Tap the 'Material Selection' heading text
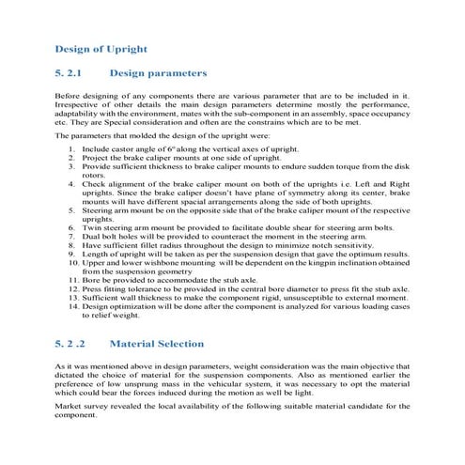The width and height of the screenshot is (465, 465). tap(157, 345)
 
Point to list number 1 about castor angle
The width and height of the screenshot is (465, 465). tap(73, 149)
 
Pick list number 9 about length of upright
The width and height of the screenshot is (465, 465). tap(73, 256)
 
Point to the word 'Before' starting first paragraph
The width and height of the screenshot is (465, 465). tap(68, 97)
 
